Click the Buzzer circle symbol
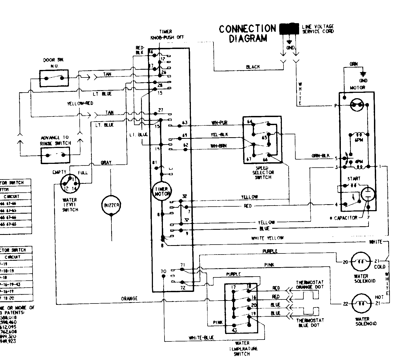pos(111,205)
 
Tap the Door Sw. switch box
pos(54,78)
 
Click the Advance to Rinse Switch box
pos(55,155)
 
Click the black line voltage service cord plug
pos(289,29)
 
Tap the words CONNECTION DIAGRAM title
pos(247,33)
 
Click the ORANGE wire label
pos(129,298)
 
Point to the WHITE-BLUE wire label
pos(201,338)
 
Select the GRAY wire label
pos(106,163)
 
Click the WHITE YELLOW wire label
pos(267,238)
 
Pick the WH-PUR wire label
pos(219,123)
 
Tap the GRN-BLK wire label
pos(320,156)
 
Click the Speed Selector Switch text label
pos(263,173)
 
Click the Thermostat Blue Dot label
pos(310,323)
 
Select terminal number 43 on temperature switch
pos(234,330)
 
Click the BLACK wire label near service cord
pos(253,67)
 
